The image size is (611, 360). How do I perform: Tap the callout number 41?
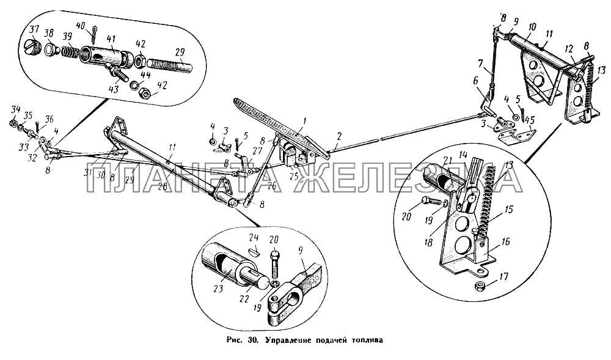coord(111,39)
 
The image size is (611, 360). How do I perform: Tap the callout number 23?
coord(218,288)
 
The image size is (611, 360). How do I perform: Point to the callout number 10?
coord(532,27)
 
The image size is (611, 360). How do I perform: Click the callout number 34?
coord(16,108)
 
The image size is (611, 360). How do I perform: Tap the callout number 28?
coord(162,187)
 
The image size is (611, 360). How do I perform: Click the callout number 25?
coord(294,177)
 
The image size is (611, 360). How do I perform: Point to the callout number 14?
coord(463,154)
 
